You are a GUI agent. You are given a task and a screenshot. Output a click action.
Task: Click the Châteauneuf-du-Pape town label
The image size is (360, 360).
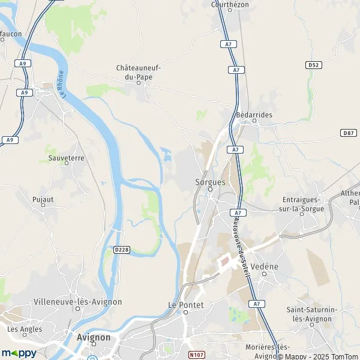click(138, 73)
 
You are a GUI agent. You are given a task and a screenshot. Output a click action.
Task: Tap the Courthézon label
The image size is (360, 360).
click(230, 4)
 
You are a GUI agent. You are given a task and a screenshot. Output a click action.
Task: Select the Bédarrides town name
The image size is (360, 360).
click(254, 114)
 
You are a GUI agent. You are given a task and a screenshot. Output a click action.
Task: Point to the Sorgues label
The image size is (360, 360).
click(209, 181)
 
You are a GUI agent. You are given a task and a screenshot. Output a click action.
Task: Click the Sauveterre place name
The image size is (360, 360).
click(66, 158)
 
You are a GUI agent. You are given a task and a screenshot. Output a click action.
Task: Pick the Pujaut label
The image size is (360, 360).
click(43, 198)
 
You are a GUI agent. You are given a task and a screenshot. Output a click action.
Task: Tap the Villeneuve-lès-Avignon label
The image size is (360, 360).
click(78, 302)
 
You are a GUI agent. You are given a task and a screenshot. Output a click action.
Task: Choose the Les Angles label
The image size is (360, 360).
click(25, 329)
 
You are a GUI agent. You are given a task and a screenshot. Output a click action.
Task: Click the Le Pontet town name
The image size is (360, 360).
click(186, 305)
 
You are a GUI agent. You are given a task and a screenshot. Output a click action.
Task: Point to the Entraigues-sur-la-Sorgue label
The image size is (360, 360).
click(303, 204)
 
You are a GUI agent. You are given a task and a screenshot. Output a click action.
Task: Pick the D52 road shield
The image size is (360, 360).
click(313, 64)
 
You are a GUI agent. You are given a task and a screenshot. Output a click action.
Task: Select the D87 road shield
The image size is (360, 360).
click(348, 132)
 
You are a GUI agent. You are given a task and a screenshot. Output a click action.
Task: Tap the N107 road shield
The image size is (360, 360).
click(196, 355)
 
